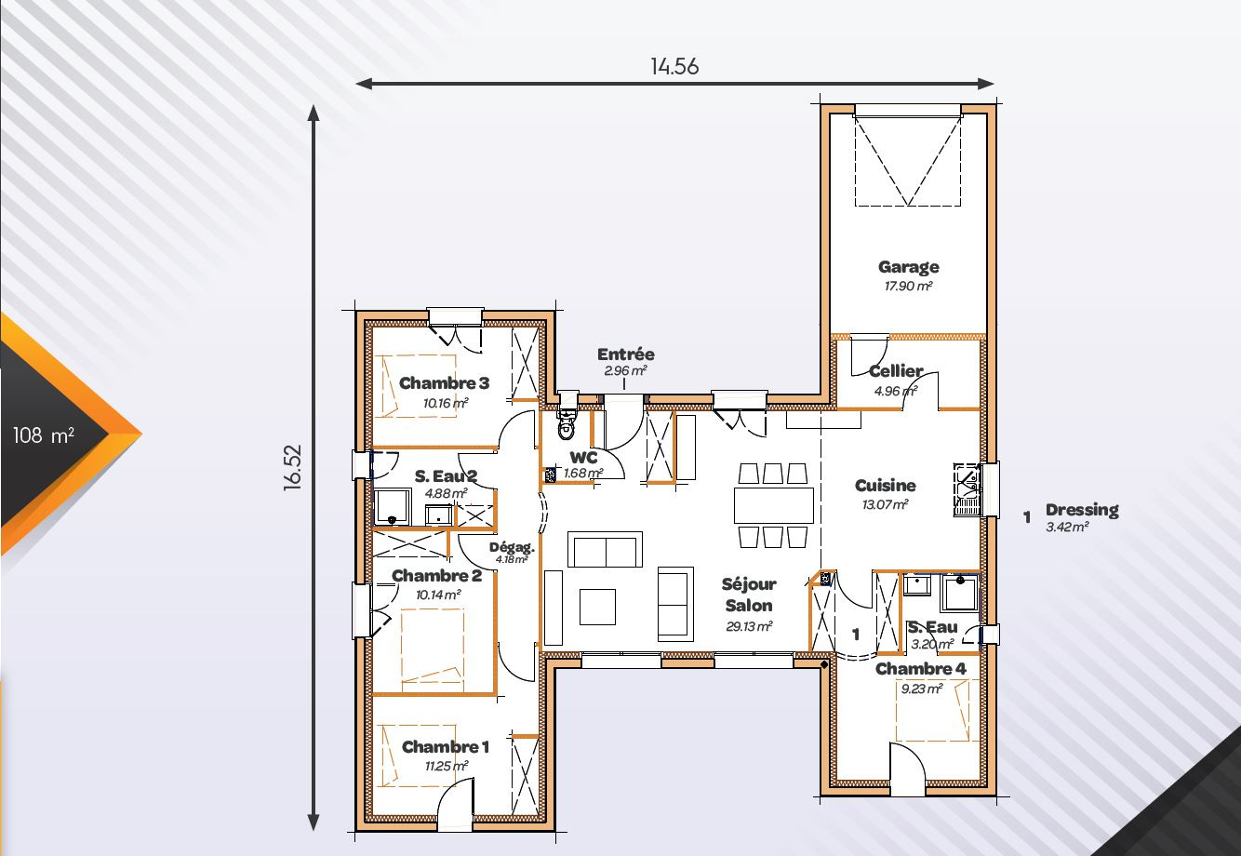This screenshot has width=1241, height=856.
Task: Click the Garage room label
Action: (x=909, y=267)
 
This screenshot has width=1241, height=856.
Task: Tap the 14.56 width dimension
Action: (x=674, y=66)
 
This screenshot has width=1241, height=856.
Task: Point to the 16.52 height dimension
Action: (x=293, y=467)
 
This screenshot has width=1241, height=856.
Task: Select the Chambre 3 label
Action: (x=445, y=382)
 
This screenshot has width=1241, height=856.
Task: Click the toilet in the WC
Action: (x=567, y=422)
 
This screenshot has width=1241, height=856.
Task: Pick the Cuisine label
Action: (x=886, y=486)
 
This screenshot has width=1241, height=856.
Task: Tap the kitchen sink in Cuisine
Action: (x=967, y=489)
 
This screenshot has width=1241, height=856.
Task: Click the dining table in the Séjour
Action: (x=774, y=504)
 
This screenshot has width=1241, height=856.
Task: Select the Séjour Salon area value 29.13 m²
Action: (x=749, y=626)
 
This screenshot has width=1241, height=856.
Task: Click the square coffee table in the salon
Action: (x=598, y=607)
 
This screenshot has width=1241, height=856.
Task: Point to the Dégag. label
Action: (x=512, y=547)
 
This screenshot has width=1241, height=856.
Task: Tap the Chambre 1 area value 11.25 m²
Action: (x=447, y=767)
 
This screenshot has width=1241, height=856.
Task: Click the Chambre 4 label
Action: (x=921, y=669)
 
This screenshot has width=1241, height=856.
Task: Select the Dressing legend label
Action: (x=1082, y=510)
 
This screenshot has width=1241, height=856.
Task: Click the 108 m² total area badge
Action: (x=44, y=435)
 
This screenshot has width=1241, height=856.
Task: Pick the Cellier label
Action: (x=896, y=370)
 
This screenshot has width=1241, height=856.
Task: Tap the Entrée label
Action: (x=625, y=354)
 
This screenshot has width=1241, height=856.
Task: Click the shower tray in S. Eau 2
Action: (x=393, y=506)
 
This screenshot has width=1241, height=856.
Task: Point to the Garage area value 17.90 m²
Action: (x=909, y=286)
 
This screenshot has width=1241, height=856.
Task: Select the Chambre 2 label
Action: (x=436, y=576)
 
